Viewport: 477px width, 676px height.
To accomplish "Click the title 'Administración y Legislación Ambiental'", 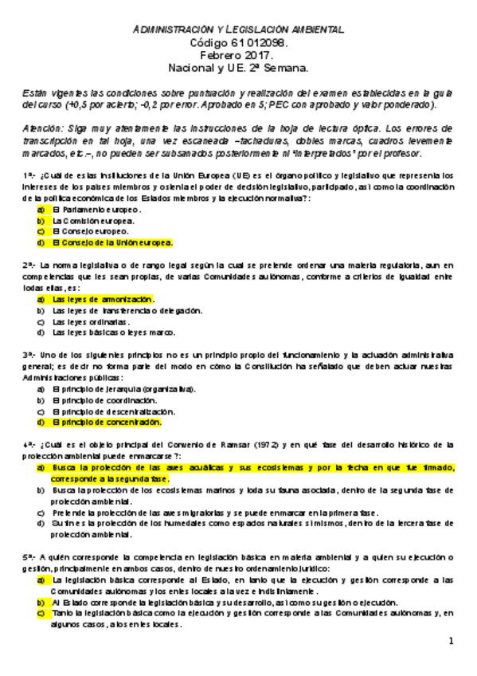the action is [x=238, y=29].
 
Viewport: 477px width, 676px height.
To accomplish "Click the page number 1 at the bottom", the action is [x=450, y=642].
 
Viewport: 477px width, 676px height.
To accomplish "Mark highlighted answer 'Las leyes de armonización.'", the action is [x=103, y=299].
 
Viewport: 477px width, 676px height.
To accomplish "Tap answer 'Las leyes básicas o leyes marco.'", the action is [x=113, y=332].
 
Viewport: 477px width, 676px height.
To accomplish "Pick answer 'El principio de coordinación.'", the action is [x=104, y=400].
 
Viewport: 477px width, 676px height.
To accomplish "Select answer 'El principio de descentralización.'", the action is [x=112, y=411].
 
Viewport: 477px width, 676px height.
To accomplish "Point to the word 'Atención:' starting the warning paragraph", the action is [x=43, y=128].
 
